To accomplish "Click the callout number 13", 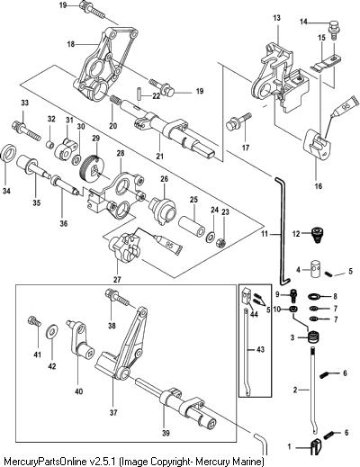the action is [276, 18].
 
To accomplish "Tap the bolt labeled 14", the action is [333, 29].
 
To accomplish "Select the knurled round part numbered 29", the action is [93, 170].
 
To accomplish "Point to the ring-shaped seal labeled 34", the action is [8, 154].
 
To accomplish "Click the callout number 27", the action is [117, 280].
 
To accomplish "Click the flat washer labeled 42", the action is [52, 332].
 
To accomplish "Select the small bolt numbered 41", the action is [34, 321].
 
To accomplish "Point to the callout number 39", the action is [166, 433].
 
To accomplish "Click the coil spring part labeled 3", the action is [313, 337].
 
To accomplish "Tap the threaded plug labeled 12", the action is [318, 235].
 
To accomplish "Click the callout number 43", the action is [261, 349].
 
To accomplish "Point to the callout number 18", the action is [71, 44].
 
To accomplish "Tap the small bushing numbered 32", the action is [49, 144].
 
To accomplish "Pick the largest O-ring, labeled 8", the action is [315, 297].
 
